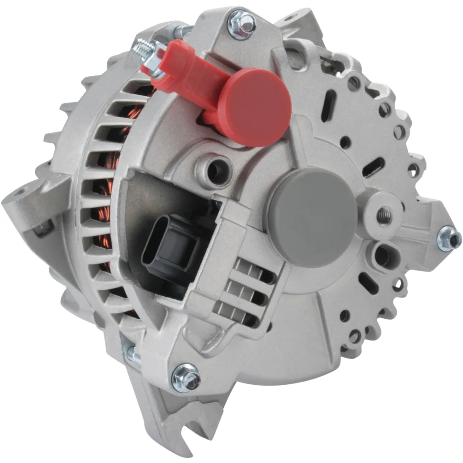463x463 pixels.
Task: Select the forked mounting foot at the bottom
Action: click(176, 425)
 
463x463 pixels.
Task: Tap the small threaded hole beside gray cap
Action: click(384, 215)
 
